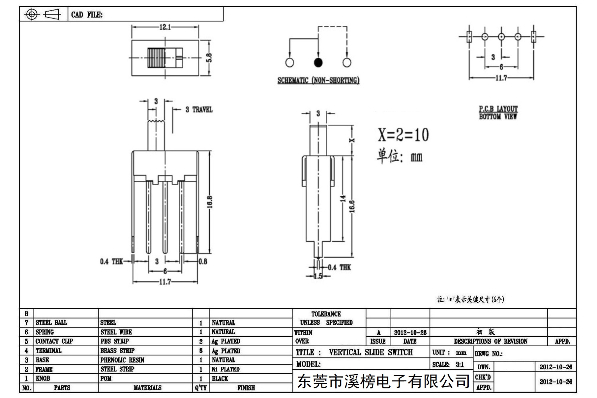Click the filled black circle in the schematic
point(318,62)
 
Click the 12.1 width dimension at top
point(165,27)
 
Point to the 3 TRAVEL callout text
point(199,109)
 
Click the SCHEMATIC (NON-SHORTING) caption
point(318,80)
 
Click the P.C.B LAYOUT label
point(498,108)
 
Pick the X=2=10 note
point(403,135)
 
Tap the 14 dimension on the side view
point(343,199)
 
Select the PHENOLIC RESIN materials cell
point(122,360)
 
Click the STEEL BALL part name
point(51,322)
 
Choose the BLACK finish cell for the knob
point(220,379)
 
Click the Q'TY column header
point(201,388)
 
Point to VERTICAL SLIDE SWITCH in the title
point(371,352)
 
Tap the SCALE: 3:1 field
point(448,365)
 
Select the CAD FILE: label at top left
point(87,15)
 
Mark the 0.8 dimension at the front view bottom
point(203,261)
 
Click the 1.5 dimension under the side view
point(318,276)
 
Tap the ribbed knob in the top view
point(156,58)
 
